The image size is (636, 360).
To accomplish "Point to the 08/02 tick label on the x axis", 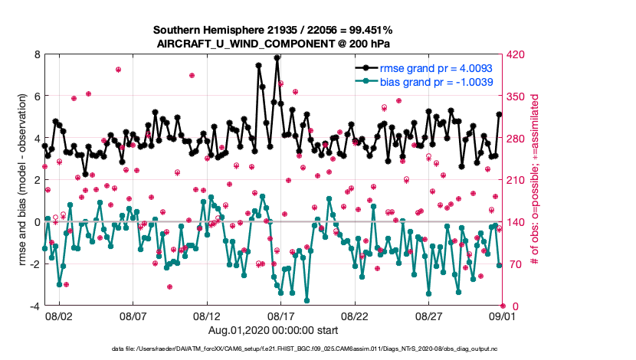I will tap(59, 316).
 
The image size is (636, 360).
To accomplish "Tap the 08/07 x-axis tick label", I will tap(133, 316).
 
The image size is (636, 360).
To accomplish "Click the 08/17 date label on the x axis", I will tap(280, 316).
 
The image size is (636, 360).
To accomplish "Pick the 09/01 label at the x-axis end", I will tap(502, 316).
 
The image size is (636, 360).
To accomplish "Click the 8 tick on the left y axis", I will tap(36, 54).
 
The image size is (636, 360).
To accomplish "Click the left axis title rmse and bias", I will tap(21, 180).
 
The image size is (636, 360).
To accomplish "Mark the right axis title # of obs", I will tap(536, 180).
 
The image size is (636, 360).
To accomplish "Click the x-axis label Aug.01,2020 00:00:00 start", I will tap(272, 330).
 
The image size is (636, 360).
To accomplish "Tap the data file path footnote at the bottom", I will tap(305, 349).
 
